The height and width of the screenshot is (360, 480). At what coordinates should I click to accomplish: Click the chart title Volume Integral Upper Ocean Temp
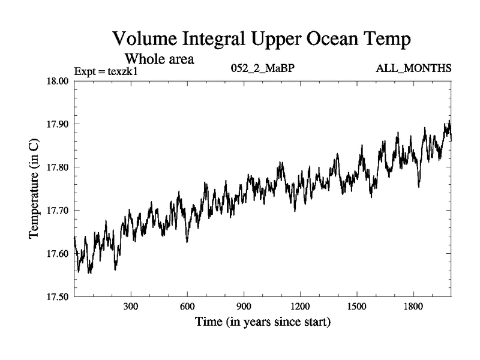point(262,40)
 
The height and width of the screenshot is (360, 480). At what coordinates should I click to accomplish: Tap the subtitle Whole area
point(160,59)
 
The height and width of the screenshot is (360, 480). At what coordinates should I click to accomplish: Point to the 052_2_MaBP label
point(262,68)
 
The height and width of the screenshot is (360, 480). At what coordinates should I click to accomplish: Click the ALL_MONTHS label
point(413,68)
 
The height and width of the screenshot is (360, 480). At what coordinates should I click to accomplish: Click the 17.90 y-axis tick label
point(58,124)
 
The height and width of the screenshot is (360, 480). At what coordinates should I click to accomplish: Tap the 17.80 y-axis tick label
point(58,167)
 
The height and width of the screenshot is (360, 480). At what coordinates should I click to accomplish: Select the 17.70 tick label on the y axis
point(58,211)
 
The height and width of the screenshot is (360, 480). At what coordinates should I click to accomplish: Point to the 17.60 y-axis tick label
point(58,254)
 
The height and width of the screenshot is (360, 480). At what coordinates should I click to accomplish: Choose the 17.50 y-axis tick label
point(58,297)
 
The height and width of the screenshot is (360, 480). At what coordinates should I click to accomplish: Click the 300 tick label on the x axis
point(131,307)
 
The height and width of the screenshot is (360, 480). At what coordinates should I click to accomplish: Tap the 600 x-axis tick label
point(187,307)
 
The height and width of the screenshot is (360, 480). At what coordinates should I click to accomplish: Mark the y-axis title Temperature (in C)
point(35,189)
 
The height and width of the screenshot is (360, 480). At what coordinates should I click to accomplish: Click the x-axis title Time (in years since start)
point(262,322)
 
